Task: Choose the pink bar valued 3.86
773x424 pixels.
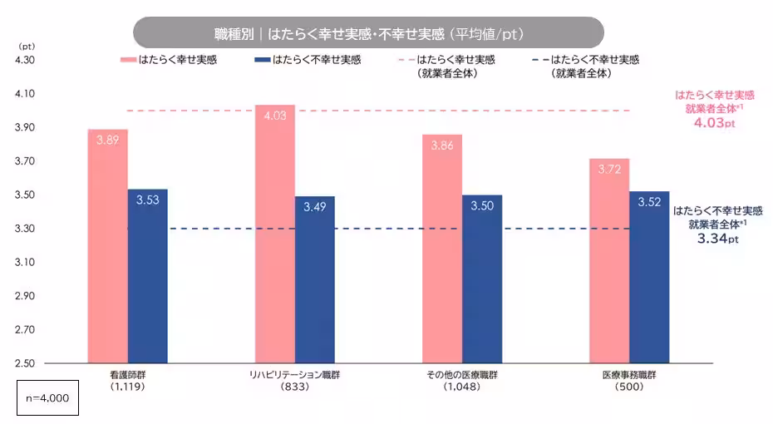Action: click(x=441, y=249)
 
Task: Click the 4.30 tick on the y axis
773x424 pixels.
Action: click(x=24, y=61)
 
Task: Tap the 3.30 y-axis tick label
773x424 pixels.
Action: click(x=24, y=229)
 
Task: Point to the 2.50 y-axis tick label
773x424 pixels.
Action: click(x=24, y=363)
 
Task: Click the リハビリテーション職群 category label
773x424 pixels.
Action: click(x=294, y=376)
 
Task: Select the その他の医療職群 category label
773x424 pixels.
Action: click(x=462, y=376)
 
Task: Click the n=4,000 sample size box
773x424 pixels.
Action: click(x=48, y=398)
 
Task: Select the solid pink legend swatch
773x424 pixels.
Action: click(x=128, y=60)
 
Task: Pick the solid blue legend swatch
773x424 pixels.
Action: click(x=263, y=60)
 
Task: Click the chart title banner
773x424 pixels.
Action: click(x=368, y=32)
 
